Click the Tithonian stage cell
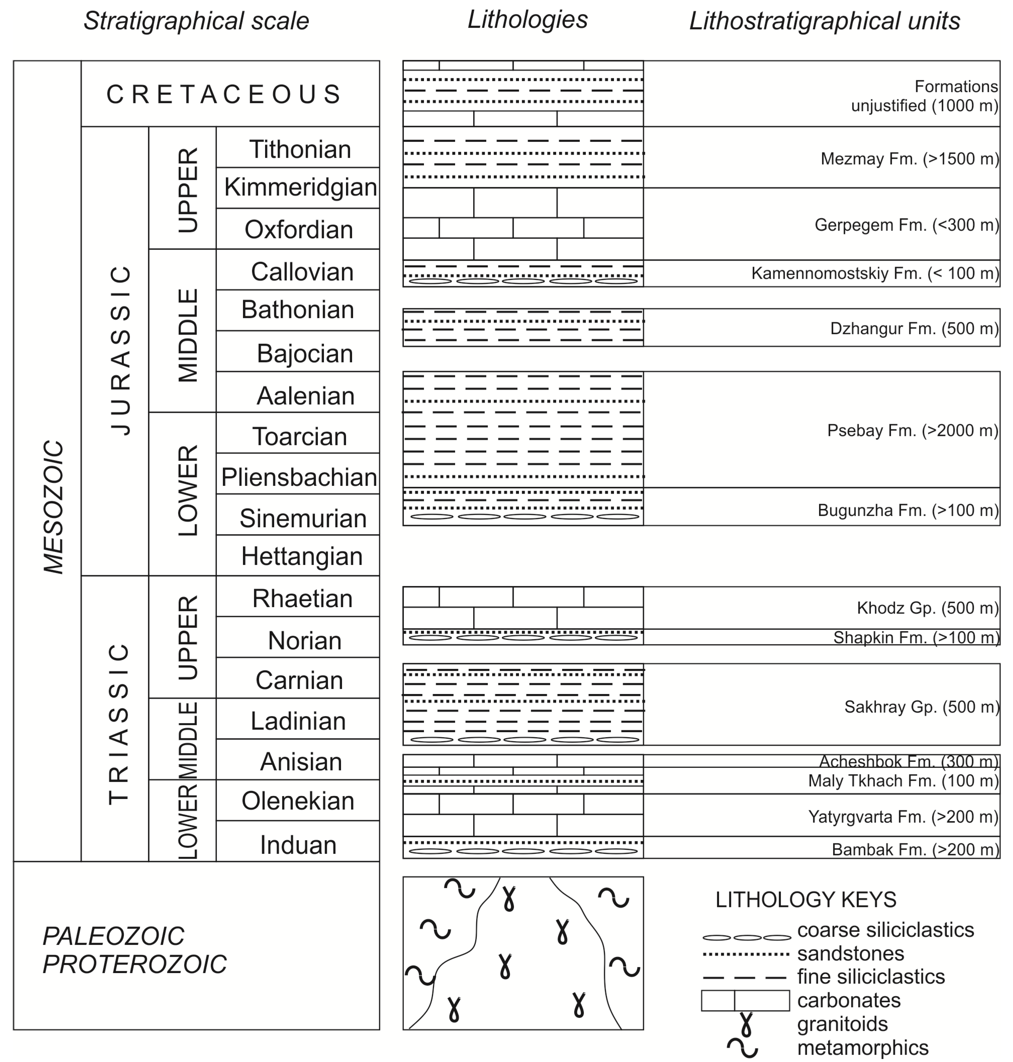click(300, 149)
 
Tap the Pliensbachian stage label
click(299, 477)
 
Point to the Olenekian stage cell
click(298, 801)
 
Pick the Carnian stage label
click(299, 680)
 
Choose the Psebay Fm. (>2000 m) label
click(912, 430)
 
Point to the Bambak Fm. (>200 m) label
click(915, 849)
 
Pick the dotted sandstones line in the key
click(745, 954)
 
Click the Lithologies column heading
click(527, 20)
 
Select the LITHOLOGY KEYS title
click(806, 899)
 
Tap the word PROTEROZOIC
click(134, 964)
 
